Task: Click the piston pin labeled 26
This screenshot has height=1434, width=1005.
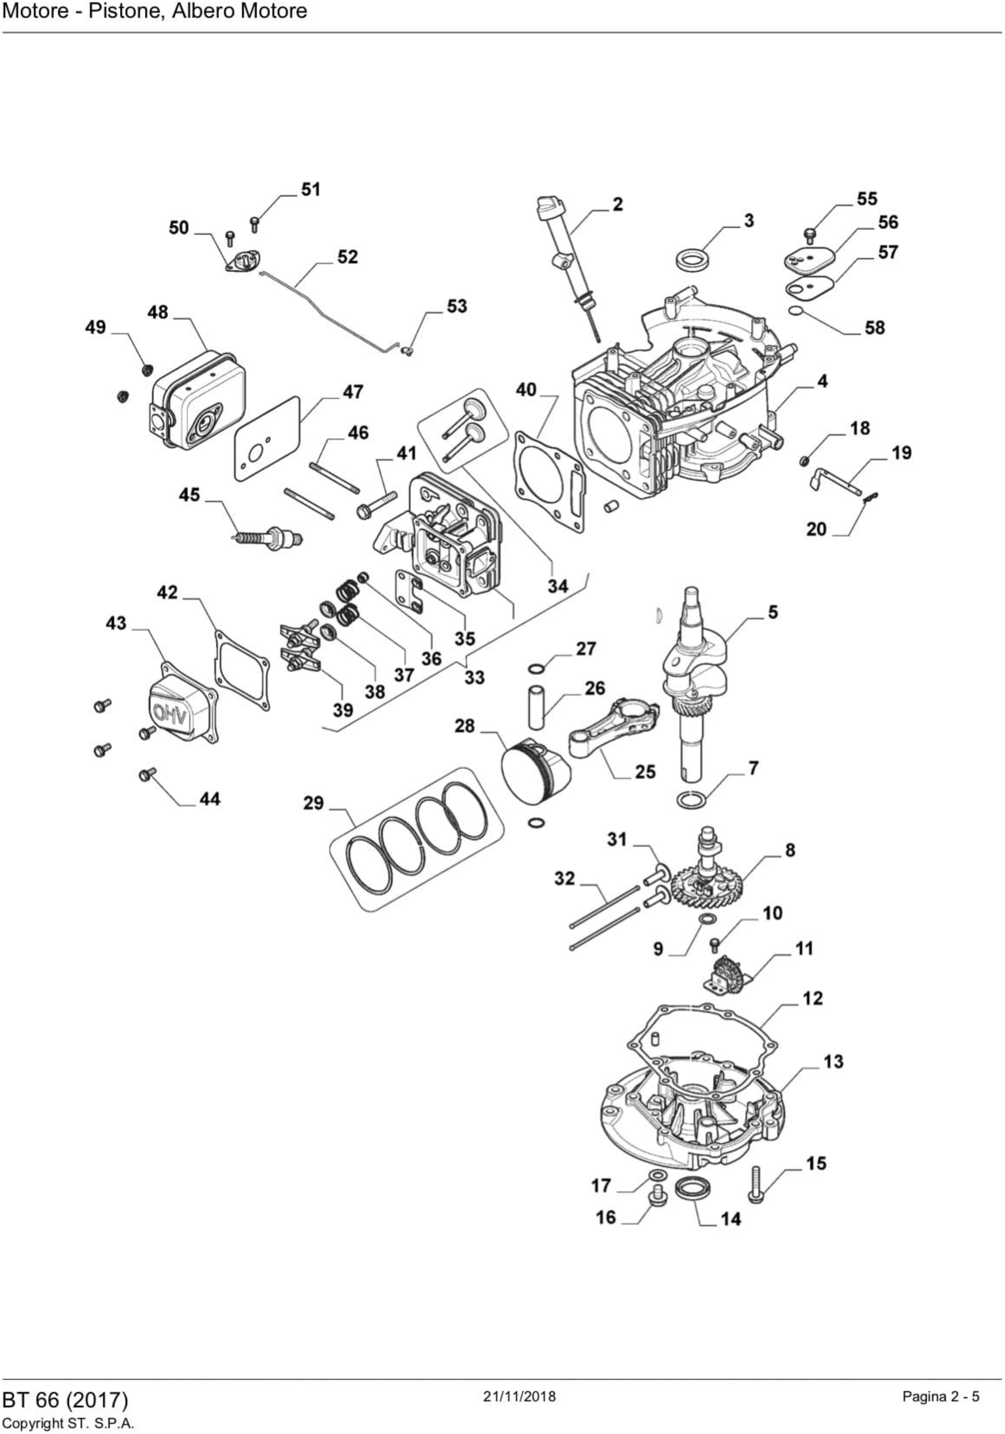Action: click(536, 706)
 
